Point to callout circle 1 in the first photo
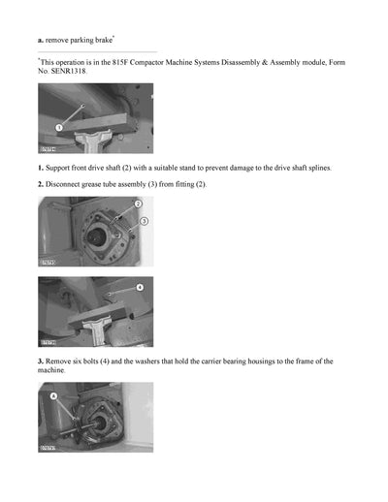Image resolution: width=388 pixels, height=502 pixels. tap(58, 127)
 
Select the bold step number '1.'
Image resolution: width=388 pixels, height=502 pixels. tap(41, 169)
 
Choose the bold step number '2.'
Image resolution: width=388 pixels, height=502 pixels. tap(41, 184)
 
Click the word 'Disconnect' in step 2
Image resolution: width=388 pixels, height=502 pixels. tap(69, 184)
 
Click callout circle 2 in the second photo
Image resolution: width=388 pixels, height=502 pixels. tap(138, 204)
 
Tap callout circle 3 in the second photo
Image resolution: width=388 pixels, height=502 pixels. tap(144, 222)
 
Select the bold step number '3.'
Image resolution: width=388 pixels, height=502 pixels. tap(41, 361)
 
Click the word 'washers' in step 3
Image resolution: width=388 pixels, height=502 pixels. tap(172, 361)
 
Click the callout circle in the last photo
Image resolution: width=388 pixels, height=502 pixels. tap(53, 396)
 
